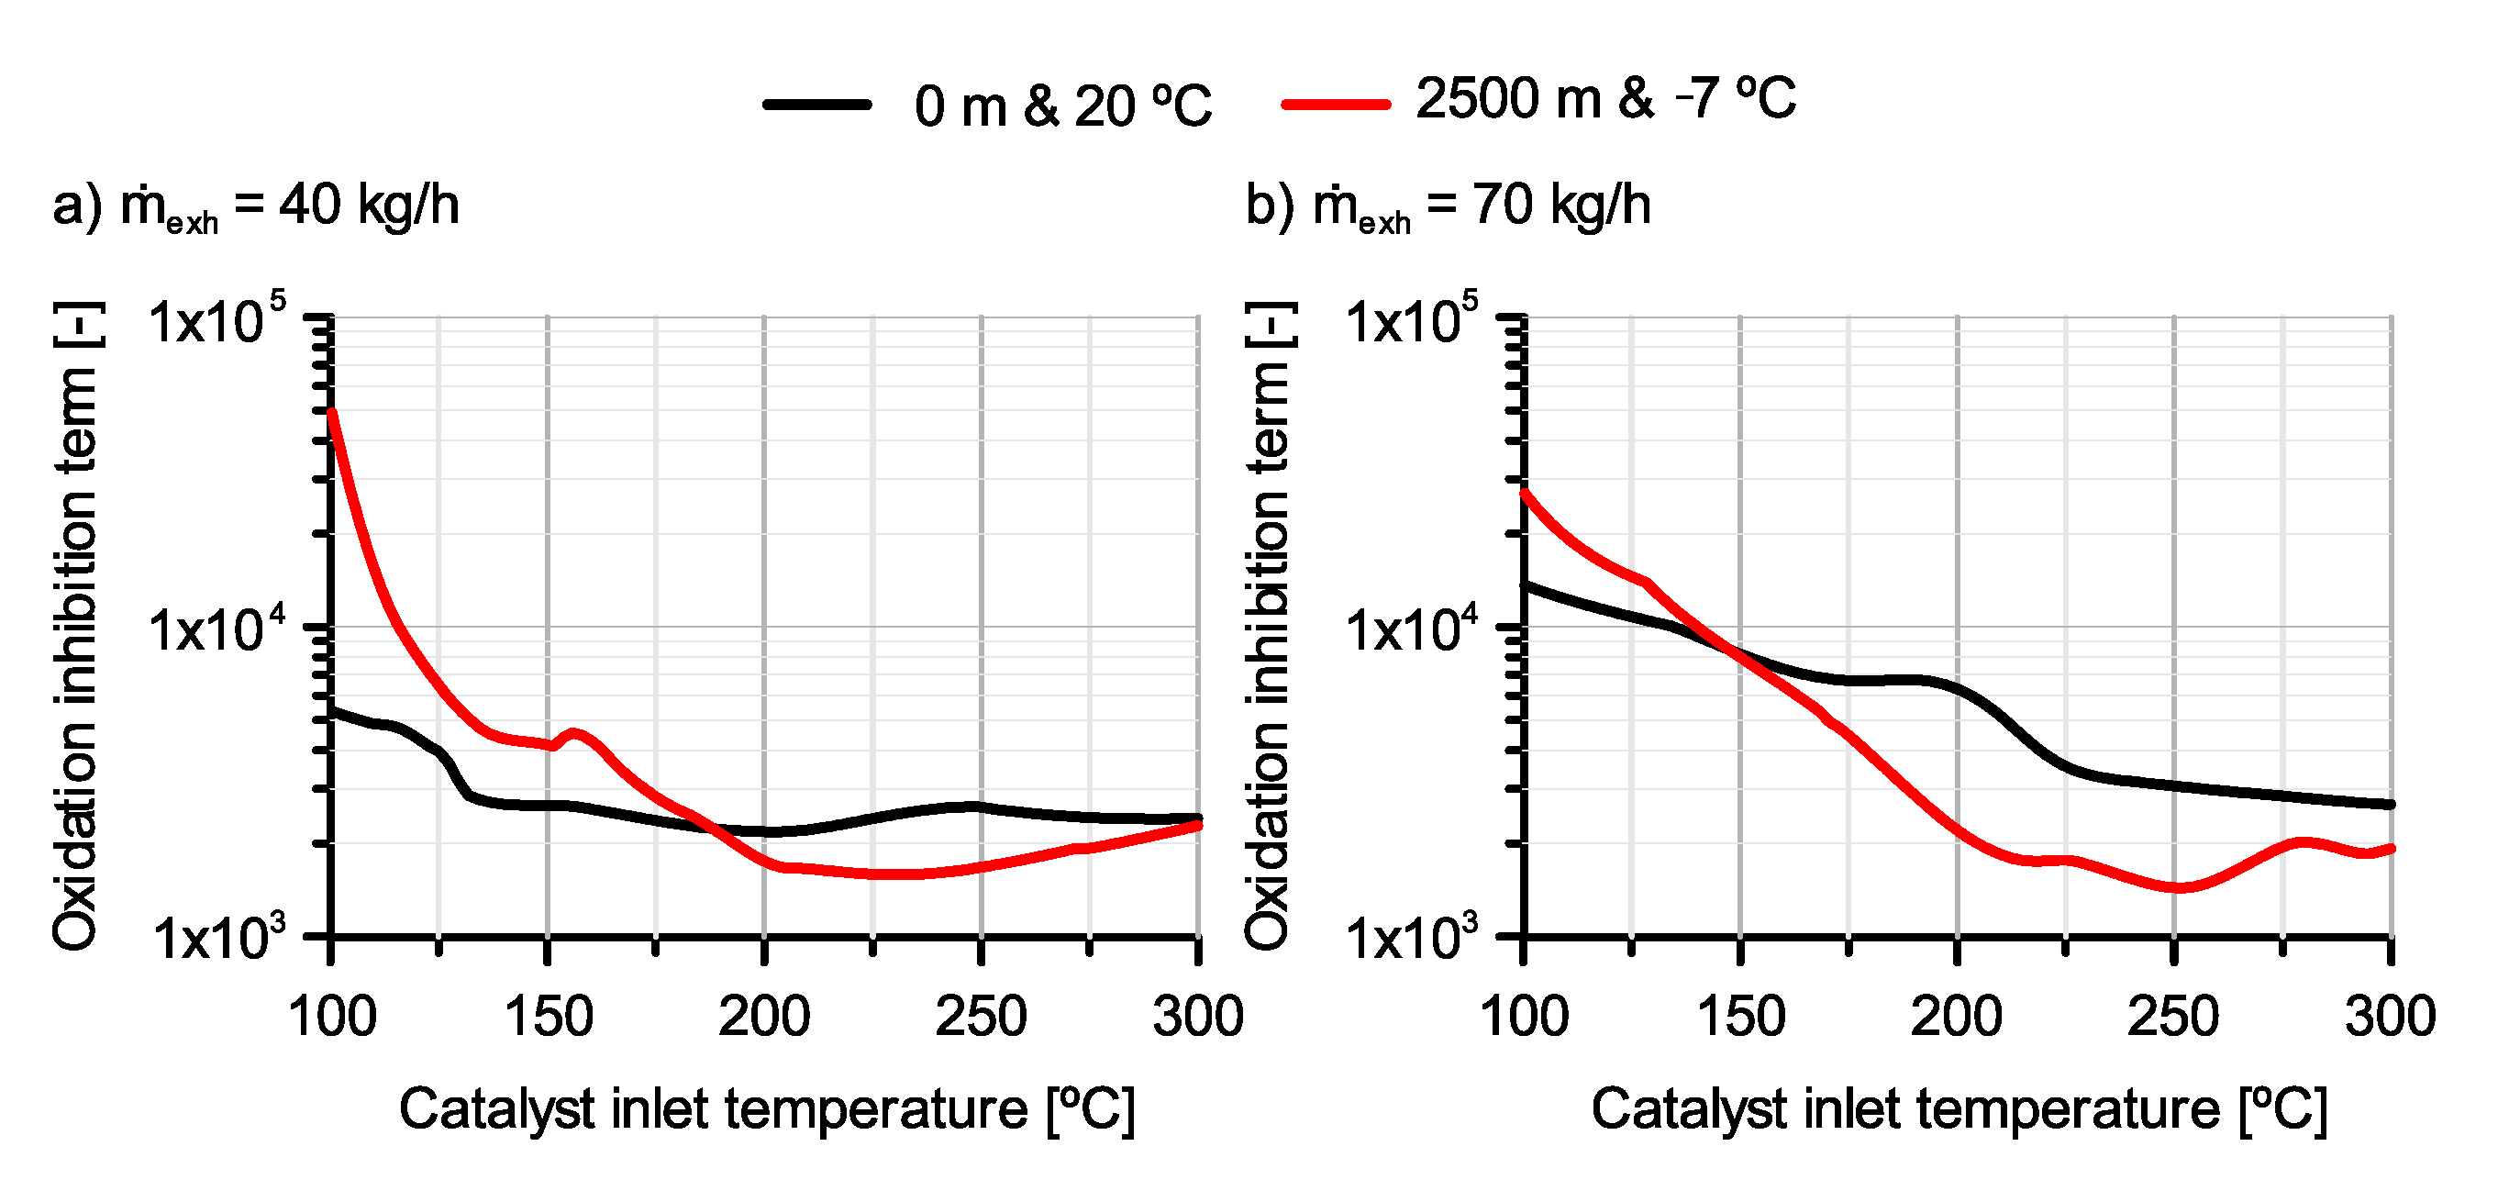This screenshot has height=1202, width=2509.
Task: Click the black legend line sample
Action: coord(816,105)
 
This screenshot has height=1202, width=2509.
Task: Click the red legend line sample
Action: coord(1336,105)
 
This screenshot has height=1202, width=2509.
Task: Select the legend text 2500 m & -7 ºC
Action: coord(1605,99)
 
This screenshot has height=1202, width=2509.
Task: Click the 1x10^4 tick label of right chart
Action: coord(1410,630)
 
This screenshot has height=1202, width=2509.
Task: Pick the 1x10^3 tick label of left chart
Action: coord(220,939)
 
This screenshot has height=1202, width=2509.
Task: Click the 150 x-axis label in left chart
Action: coord(549,1017)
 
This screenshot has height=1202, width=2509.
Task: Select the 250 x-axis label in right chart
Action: coord(2172,1017)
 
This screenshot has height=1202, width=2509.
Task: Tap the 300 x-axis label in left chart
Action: coord(1197,1017)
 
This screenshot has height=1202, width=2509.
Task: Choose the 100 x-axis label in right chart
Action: coord(1524,1017)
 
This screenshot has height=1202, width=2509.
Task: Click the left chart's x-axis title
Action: coord(767,1109)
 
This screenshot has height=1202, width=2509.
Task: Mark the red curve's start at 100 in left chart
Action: coord(332,413)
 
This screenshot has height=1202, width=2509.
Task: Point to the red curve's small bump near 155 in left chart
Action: coord(572,732)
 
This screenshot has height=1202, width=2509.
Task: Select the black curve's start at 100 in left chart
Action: coord(333,711)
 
